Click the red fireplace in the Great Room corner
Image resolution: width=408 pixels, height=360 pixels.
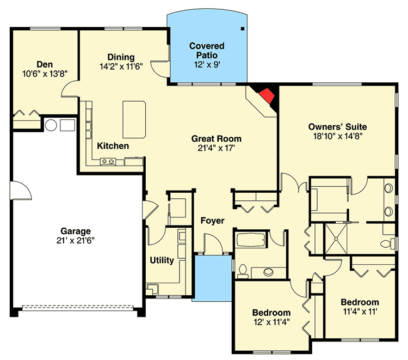267,96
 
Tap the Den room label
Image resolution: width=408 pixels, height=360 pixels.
45,64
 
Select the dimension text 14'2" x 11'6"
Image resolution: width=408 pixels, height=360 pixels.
121,66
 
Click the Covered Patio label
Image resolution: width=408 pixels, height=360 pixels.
207,50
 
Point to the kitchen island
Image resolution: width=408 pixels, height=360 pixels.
134,120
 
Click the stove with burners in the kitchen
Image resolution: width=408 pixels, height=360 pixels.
108,162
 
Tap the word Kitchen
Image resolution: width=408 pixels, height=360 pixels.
113,146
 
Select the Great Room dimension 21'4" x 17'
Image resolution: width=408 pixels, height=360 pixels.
217,148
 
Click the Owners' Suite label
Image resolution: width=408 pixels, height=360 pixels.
337,127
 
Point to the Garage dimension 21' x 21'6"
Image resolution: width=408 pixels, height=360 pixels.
76,240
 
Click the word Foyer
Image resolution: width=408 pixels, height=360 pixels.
212,221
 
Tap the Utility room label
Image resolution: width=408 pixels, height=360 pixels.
162,260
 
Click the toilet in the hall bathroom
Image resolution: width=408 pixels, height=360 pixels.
243,271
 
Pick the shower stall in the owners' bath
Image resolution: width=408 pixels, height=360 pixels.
336,239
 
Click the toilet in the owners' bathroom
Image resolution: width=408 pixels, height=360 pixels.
388,244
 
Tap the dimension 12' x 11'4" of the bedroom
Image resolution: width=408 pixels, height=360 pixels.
271,322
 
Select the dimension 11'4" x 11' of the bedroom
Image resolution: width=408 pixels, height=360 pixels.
360,312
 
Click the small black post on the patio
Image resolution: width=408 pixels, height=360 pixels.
242,29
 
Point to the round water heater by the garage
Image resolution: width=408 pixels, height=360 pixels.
51,125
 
